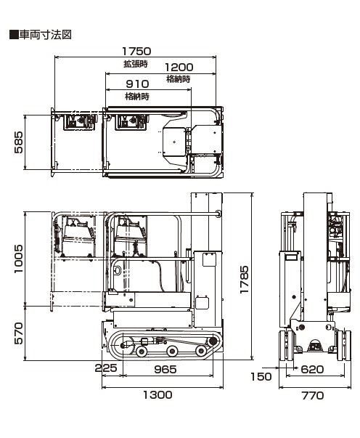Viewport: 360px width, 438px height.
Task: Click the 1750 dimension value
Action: pos(136,51)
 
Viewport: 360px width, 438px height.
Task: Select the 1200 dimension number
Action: pos(179,68)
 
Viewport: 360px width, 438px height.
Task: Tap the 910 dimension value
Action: pos(137,84)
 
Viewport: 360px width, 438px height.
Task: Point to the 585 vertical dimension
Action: pos(18,142)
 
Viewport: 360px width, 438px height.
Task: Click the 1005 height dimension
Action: pos(18,259)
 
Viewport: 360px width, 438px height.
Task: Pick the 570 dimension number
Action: pos(18,333)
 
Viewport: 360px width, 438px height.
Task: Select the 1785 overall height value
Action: pos(244,280)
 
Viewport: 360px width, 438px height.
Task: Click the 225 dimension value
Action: pos(106,368)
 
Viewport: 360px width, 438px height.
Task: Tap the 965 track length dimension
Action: pos(165,369)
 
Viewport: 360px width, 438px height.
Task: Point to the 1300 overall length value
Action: pos(157,394)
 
